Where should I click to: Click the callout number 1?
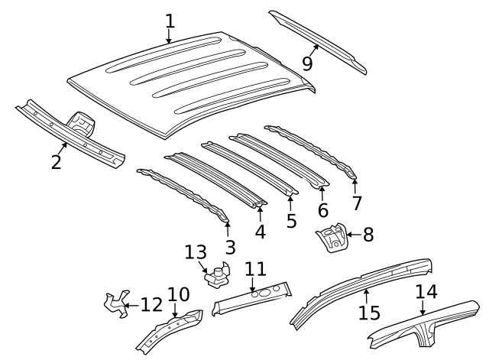click(x=169, y=21)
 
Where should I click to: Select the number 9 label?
click(x=307, y=63)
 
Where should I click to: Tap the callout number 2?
click(x=56, y=161)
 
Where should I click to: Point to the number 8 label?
click(x=368, y=234)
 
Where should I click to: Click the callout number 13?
click(x=196, y=251)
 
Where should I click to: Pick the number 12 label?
click(x=151, y=305)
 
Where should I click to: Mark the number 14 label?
click(x=426, y=291)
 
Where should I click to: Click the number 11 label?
click(x=255, y=269)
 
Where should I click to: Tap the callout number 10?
click(x=178, y=294)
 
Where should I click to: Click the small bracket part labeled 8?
click(x=332, y=238)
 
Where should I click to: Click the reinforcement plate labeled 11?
click(x=252, y=297)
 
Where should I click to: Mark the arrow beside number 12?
click(x=129, y=306)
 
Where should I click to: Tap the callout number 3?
click(x=230, y=246)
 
